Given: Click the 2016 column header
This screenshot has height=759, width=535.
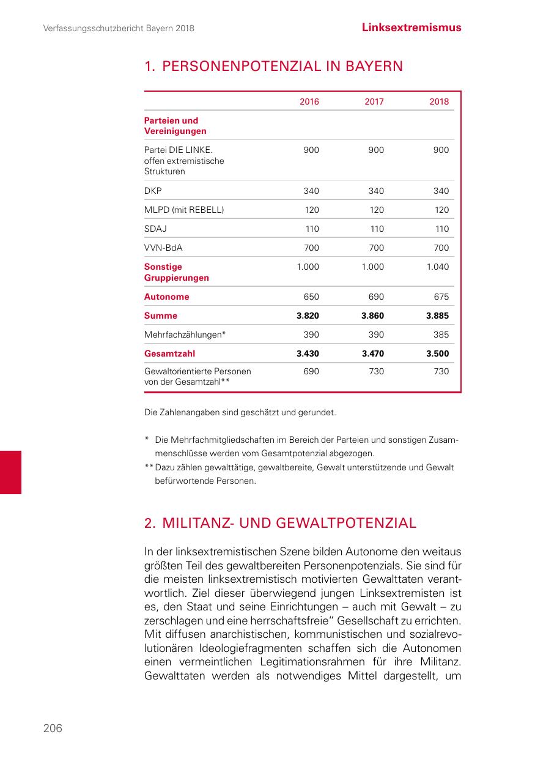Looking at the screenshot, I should pos(309,102).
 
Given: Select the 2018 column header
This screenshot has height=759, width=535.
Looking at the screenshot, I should pos(438,102).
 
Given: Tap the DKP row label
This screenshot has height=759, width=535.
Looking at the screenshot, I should pos(153,191).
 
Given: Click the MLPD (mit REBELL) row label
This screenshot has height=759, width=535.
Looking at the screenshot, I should pos(184,210).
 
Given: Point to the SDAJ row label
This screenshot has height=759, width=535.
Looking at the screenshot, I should pos(155,229).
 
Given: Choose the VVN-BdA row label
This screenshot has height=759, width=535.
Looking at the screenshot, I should pos(163,248).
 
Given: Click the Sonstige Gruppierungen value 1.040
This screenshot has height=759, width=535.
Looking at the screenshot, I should pos(437,267).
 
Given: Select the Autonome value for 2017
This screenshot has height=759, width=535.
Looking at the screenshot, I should pos(376,297).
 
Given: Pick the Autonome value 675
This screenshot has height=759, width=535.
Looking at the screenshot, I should pos(441,297).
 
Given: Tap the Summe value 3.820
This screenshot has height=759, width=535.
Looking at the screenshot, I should pos(308,316).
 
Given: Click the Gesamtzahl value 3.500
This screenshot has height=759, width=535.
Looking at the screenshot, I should pos(437,354).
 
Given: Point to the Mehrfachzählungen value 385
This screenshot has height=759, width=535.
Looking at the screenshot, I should pos(441,335).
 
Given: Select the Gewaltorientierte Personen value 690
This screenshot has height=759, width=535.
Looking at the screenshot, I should pos(311,371).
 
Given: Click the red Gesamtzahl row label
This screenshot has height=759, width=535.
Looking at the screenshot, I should pos(170,354).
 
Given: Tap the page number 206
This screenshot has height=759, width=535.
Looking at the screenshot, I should pos(53,728).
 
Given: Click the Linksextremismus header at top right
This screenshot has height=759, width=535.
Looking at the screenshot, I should pos(411,28).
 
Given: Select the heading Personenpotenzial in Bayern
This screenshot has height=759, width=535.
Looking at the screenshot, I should pos(273,66).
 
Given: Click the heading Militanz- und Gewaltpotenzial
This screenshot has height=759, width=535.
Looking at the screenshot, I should pos(280,523).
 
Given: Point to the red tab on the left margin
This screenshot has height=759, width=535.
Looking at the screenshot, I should pos(10,472).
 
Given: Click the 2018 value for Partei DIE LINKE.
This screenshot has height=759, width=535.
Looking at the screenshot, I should pos(441,150).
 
